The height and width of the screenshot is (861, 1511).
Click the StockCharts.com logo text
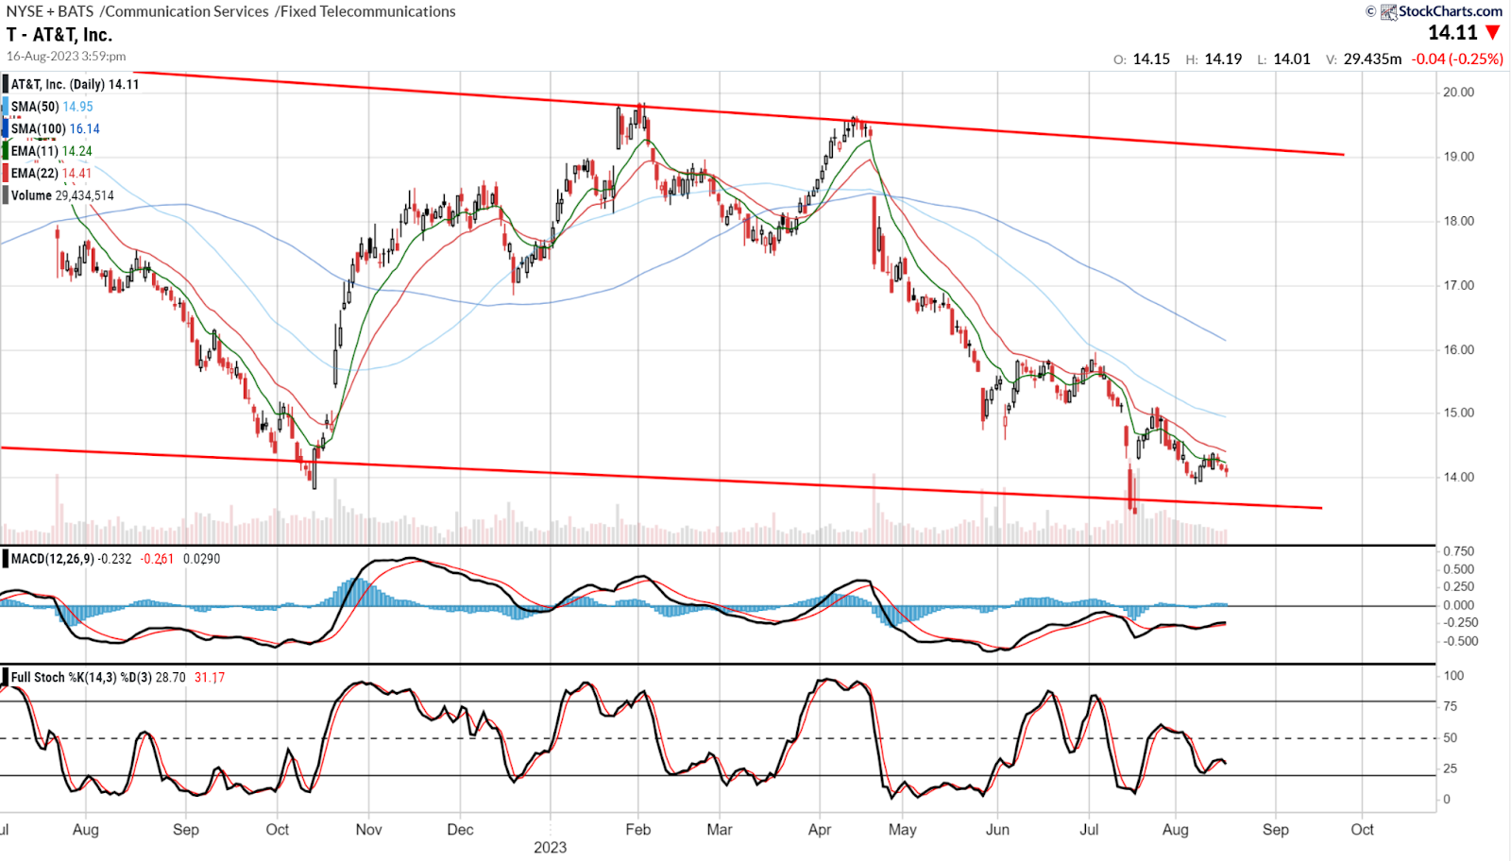pyautogui.click(x=1450, y=11)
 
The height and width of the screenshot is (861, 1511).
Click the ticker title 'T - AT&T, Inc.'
pyautogui.click(x=59, y=35)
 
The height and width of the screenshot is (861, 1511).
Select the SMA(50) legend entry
pyautogui.click(x=52, y=107)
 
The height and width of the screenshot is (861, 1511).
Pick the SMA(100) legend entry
pyautogui.click(x=55, y=128)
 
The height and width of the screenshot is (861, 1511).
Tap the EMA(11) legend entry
pyautogui.click(x=51, y=151)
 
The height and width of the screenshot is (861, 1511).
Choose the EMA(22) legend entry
pyautogui.click(x=51, y=173)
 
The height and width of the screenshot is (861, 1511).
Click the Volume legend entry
pyautogui.click(x=62, y=195)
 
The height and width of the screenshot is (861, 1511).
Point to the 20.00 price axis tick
pyautogui.click(x=1459, y=93)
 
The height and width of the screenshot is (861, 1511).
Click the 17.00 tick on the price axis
pyautogui.click(x=1459, y=285)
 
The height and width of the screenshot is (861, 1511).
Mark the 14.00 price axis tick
pyautogui.click(x=1459, y=478)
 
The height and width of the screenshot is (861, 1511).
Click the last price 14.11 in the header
pyautogui.click(x=1452, y=33)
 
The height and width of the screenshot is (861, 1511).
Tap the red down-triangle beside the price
pyautogui.click(x=1493, y=33)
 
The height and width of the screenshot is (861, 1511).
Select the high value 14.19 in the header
pyautogui.click(x=1223, y=59)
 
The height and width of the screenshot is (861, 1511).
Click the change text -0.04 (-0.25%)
pyautogui.click(x=1456, y=59)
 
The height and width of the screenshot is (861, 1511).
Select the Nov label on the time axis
pyautogui.click(x=368, y=830)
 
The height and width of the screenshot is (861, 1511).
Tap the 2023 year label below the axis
pyautogui.click(x=550, y=848)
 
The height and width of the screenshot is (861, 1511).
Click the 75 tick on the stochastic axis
pyautogui.click(x=1451, y=706)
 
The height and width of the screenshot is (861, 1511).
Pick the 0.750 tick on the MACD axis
pyautogui.click(x=1459, y=551)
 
